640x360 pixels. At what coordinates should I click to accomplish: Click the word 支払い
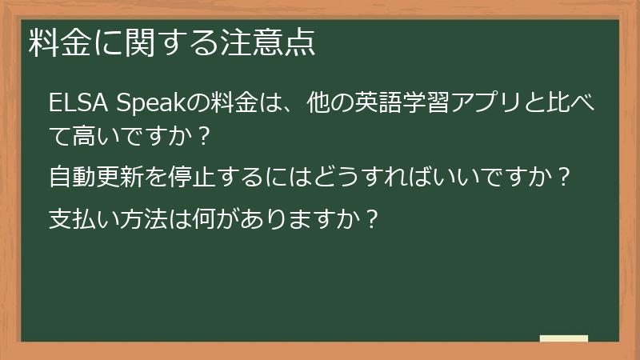click(x=84, y=218)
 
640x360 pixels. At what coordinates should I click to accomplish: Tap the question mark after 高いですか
click(x=202, y=135)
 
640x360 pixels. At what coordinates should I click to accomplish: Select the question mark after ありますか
click(x=369, y=218)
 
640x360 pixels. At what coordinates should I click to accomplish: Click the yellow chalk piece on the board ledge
click(x=564, y=339)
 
